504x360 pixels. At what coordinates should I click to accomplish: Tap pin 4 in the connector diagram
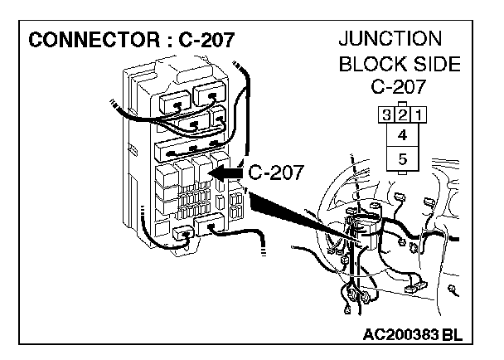tap(401, 134)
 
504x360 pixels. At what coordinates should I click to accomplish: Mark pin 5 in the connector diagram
tap(401, 159)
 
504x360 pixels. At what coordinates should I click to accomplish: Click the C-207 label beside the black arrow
tap(277, 173)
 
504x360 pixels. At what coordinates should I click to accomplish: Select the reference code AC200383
tap(401, 334)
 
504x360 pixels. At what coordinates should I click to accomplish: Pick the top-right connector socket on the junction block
tap(208, 95)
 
